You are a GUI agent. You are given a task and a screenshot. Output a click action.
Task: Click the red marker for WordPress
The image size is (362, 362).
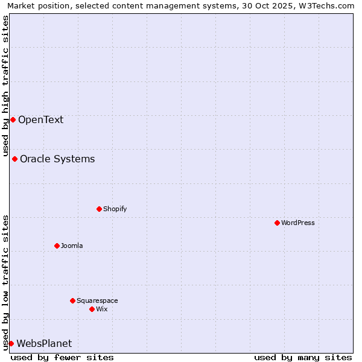277,223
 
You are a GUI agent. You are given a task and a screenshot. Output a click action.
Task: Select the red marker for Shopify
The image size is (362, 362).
99,209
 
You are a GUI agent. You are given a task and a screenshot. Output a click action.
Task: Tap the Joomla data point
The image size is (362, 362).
57,246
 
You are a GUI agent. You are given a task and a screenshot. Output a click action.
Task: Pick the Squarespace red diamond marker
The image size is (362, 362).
72,300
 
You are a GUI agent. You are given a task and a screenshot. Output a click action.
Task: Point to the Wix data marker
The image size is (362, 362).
92,309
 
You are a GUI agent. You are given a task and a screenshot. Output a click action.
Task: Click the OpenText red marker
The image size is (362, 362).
13,119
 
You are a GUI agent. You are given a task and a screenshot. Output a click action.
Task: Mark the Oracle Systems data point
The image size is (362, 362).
14,159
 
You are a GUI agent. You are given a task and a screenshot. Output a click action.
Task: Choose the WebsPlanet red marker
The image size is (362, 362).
11,343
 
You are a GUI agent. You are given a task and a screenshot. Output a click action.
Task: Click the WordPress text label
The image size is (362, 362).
298,223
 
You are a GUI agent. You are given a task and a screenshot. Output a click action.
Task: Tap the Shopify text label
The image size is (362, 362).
115,209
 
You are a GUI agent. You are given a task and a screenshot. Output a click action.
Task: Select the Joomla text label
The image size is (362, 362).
72,246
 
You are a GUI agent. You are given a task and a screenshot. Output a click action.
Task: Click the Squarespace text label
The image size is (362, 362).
97,300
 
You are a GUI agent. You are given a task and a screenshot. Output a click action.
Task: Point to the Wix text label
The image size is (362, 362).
101,309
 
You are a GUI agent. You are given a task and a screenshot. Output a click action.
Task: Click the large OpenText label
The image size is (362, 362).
40,119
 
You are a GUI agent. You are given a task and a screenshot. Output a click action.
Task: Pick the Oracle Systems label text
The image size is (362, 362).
57,159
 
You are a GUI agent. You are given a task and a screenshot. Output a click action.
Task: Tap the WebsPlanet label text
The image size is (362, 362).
44,343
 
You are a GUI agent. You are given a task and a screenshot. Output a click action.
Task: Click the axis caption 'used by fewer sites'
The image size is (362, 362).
62,357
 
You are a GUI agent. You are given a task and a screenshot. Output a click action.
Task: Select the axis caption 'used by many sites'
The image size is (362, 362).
303,357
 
